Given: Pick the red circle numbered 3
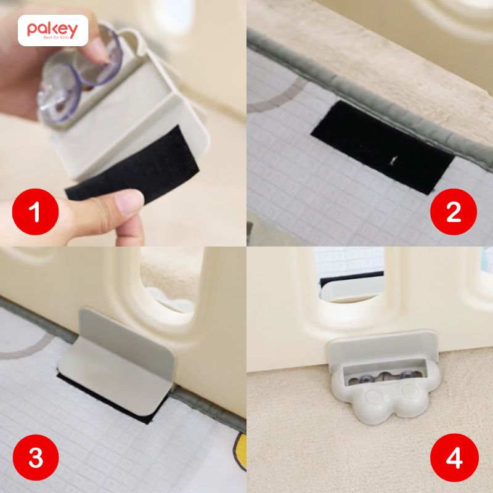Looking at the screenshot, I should [35, 458].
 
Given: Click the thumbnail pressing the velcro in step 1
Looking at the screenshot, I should [126, 200].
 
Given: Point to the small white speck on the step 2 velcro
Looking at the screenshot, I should [392, 161].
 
